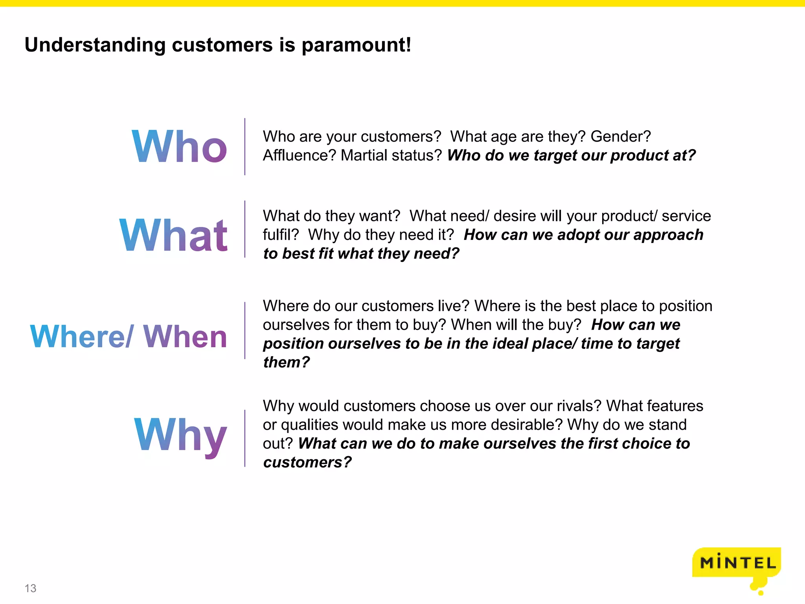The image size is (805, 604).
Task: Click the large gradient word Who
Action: pyautogui.click(x=179, y=147)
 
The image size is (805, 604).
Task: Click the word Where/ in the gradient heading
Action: pyautogui.click(x=82, y=337)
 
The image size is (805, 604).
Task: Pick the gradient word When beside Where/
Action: pyautogui.click(x=185, y=337)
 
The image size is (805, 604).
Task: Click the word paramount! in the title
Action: pyautogui.click(x=356, y=45)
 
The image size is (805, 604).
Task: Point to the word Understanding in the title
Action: pyautogui.click(x=95, y=45)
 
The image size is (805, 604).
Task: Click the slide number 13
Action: pyautogui.click(x=30, y=588)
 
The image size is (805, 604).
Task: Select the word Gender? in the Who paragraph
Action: pyautogui.click(x=621, y=136)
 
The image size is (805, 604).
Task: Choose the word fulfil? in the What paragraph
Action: pyautogui.click(x=281, y=235)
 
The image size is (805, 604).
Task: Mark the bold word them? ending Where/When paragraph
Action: pyautogui.click(x=287, y=362)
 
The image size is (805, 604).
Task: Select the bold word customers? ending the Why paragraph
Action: pyautogui.click(x=307, y=462)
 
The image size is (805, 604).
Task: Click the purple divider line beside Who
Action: pyautogui.click(x=245, y=146)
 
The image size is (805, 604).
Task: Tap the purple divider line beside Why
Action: pyautogui.click(x=245, y=438)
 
